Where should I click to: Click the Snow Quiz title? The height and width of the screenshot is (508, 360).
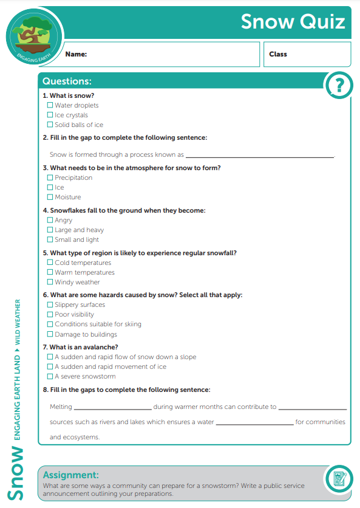(293, 22)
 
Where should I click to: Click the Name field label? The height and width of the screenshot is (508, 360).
(76, 54)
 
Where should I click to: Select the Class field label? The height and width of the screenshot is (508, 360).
(278, 54)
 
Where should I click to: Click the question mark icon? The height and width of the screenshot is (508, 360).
(338, 86)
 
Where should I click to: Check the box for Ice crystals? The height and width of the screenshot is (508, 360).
(50, 115)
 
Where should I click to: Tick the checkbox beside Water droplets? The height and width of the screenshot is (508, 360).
(50, 105)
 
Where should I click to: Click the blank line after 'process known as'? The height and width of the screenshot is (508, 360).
(260, 156)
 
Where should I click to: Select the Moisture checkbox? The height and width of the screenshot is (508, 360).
(50, 197)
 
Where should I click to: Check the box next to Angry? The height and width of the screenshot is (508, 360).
(50, 220)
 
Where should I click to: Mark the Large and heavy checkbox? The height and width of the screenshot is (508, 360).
(50, 230)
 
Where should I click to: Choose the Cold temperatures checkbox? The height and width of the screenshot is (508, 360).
(50, 263)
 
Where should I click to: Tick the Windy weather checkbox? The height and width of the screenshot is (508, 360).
(50, 282)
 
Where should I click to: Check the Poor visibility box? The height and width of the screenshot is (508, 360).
(50, 314)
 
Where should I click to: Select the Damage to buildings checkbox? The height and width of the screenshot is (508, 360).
(50, 334)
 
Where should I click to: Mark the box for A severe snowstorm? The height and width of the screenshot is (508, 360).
(50, 376)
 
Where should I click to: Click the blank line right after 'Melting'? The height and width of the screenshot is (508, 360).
(112, 408)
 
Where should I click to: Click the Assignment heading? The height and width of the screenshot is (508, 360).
(70, 475)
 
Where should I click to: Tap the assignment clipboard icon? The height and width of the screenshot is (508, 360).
(338, 479)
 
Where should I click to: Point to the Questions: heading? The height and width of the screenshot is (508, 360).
(67, 81)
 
